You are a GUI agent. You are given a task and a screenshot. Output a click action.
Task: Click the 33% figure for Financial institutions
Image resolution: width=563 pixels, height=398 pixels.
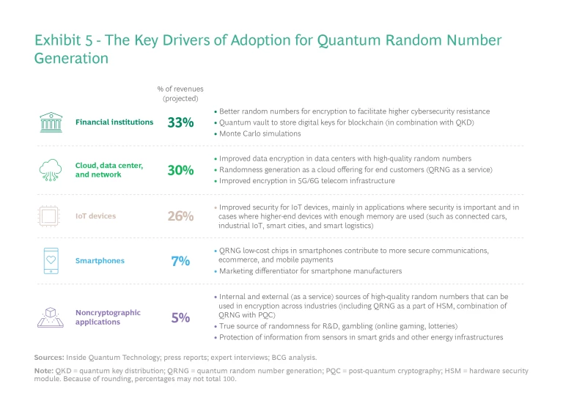tap(180, 122)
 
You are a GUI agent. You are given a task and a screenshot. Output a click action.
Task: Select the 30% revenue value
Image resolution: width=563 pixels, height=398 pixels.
tap(180, 170)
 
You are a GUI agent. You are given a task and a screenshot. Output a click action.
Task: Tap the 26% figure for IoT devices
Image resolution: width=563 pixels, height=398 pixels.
tap(180, 216)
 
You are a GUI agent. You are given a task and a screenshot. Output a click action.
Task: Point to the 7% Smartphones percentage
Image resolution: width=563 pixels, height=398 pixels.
tap(180, 260)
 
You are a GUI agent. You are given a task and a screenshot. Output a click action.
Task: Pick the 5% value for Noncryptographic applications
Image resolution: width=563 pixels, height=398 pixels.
tap(180, 317)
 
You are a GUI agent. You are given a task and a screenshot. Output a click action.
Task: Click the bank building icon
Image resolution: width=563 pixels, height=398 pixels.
tap(50, 122)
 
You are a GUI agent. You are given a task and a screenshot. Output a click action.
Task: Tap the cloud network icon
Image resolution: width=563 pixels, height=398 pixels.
tap(50, 170)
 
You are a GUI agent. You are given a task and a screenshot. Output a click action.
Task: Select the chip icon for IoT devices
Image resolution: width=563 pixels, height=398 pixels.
tap(50, 216)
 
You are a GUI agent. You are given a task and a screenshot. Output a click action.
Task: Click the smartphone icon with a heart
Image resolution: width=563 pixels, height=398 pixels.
tap(50, 260)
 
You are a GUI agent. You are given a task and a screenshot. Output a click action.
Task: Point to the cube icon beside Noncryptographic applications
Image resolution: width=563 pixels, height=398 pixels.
tap(50, 317)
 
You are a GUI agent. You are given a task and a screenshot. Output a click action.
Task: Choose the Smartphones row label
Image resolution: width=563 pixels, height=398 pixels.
tap(100, 260)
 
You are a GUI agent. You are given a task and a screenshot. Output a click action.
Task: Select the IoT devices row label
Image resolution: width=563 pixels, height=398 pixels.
tap(96, 216)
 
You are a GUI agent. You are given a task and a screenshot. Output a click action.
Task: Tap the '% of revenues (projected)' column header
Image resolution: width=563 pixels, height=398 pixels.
tap(180, 93)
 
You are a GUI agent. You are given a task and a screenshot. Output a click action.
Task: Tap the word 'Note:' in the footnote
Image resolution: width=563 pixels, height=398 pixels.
tap(44, 370)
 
